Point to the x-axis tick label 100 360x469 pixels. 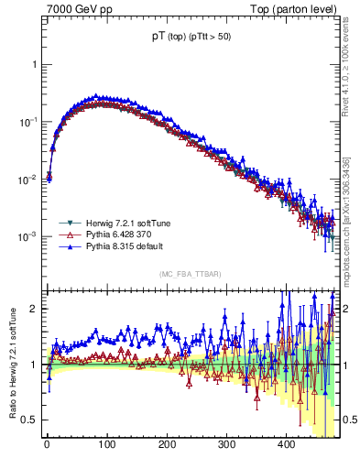tap(106, 443)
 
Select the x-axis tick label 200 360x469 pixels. tap(166, 443)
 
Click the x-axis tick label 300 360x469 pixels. tap(226, 443)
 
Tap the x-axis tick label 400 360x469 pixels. tap(286, 443)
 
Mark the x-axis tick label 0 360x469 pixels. tap(47, 443)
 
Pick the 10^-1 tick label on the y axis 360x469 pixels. tap(27, 122)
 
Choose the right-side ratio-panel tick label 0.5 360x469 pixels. tap(348, 420)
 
